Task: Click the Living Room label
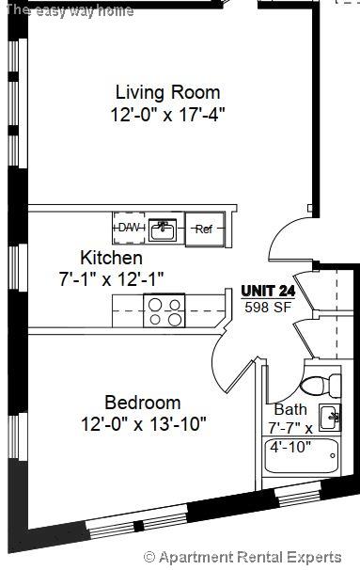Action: (x=167, y=92)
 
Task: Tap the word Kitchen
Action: (x=111, y=258)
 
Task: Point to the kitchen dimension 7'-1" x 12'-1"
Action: (x=111, y=278)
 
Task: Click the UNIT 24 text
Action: (x=268, y=291)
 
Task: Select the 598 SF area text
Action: (x=268, y=307)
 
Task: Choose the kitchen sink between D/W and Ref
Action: (x=164, y=228)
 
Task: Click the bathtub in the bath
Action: (x=300, y=460)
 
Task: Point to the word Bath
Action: (x=290, y=410)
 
